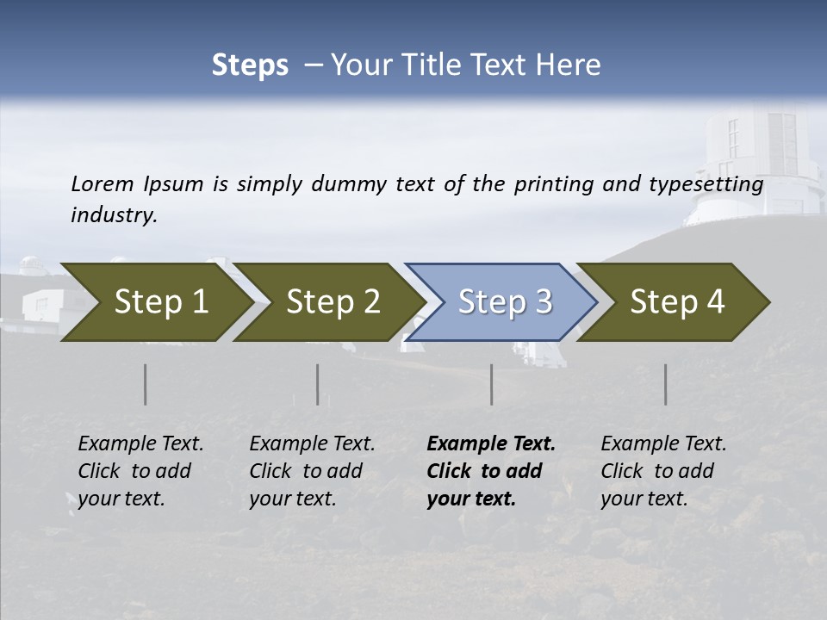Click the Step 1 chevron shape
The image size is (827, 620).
(155, 302)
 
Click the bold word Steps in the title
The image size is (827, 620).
(250, 65)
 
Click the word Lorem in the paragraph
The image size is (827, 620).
(103, 183)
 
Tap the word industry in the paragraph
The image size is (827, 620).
(114, 215)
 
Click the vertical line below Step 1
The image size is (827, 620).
(146, 384)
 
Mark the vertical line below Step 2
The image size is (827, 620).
(318, 384)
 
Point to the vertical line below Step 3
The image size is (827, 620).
(491, 384)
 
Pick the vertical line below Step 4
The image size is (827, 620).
(665, 384)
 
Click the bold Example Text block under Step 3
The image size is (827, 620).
(490, 471)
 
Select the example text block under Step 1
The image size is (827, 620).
(140, 471)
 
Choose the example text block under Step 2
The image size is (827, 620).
(311, 471)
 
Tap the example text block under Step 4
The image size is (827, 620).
(662, 471)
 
